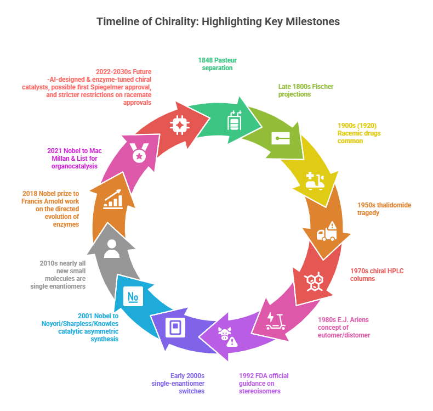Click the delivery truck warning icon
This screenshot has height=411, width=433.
(327, 232)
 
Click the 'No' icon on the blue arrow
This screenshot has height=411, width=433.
(133, 297)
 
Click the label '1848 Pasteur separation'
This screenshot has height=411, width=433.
(217, 64)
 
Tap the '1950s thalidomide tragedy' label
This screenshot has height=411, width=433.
(384, 209)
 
